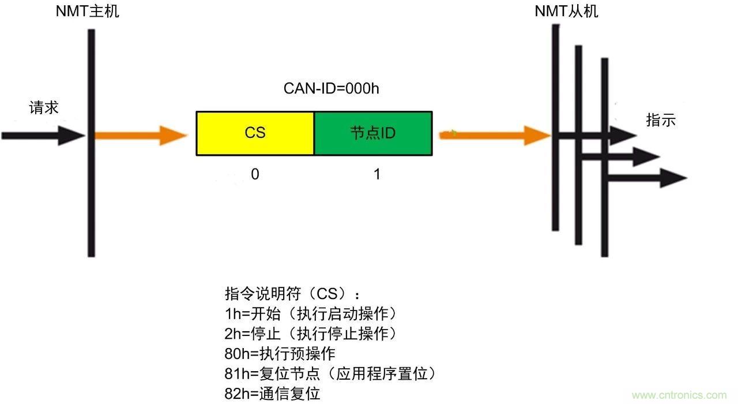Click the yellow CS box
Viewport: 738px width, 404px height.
coord(255,133)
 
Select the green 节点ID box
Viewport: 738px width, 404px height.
coord(373,133)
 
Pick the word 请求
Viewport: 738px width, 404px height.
coord(44,108)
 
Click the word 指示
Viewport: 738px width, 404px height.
coord(661,121)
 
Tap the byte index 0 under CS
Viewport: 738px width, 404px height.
coord(255,174)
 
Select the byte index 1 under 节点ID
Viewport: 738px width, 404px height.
coord(377,174)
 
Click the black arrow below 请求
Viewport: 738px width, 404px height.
coord(43,136)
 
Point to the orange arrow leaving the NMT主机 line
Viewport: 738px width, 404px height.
coord(141,136)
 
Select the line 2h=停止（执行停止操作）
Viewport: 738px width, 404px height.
coord(311,333)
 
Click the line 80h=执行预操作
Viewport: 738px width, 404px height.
coord(280,353)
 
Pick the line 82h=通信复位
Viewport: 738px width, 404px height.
coord(272,394)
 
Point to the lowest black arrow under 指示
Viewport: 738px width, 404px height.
coord(646,178)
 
